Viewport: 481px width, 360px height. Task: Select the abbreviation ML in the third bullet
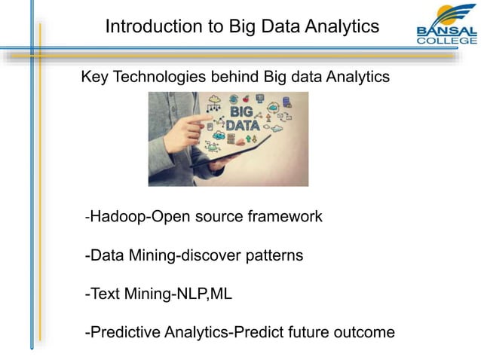(x=220, y=294)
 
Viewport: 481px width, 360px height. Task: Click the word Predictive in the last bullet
(x=121, y=332)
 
